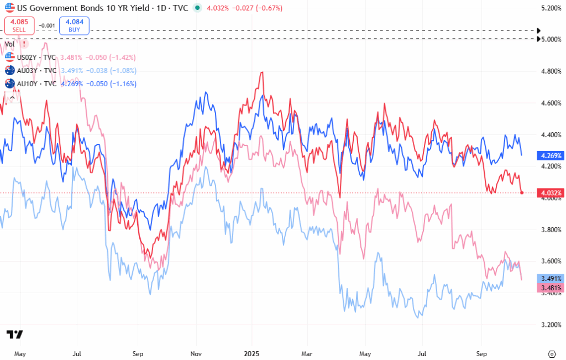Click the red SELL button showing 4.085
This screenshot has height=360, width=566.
pos(19,25)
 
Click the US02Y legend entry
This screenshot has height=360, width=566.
pos(31,57)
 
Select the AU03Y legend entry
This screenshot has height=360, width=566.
pos(31,70)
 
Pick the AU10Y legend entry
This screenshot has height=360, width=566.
pos(31,84)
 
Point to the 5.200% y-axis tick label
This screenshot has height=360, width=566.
pos(551,8)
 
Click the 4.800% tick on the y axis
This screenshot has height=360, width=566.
pos(551,71)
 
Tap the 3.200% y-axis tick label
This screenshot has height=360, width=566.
pos(551,325)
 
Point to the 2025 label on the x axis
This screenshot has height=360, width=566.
pos(251,352)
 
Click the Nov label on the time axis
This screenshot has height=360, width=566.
pos(194,352)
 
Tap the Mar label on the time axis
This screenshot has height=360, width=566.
pos(307,352)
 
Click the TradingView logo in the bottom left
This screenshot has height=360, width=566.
pos(14,335)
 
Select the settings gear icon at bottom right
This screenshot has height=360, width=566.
pos(551,353)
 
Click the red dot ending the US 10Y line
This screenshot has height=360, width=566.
pos(522,192)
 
